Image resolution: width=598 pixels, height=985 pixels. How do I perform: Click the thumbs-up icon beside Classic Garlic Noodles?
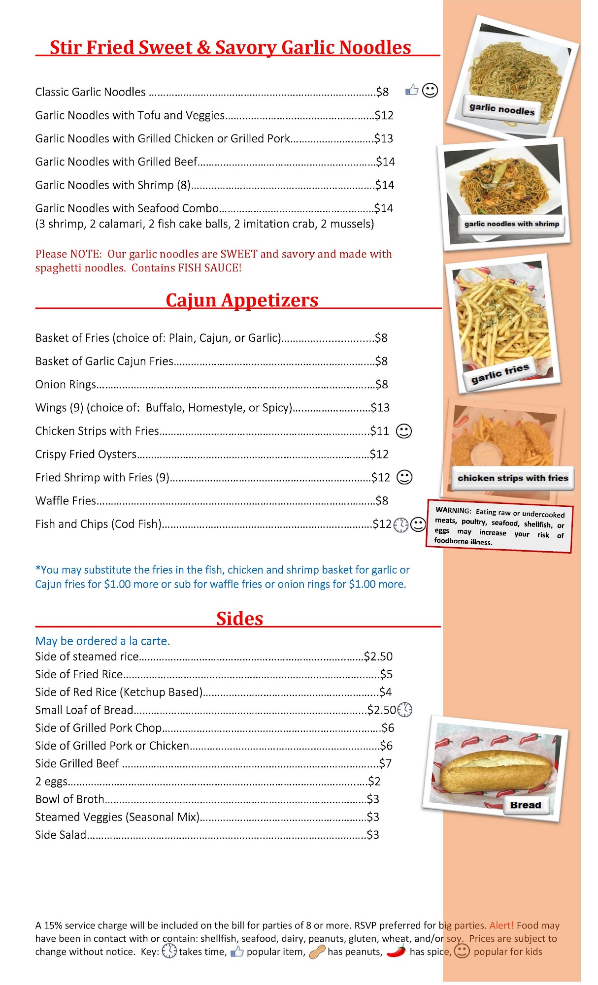pyautogui.click(x=412, y=90)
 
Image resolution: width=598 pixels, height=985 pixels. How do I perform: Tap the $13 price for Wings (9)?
pyautogui.click(x=380, y=408)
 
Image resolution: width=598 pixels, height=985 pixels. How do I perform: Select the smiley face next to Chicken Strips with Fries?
pyautogui.click(x=404, y=431)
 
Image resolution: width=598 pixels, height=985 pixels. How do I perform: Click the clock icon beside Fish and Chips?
pyautogui.click(x=401, y=525)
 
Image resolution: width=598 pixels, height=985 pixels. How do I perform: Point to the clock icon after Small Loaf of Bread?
pyautogui.click(x=404, y=710)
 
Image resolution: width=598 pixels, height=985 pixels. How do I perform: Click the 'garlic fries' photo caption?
pyautogui.click(x=500, y=373)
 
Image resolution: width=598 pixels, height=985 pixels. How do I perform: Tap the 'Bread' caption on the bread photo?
pyautogui.click(x=526, y=805)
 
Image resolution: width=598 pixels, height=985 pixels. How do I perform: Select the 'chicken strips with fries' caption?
pyautogui.click(x=512, y=478)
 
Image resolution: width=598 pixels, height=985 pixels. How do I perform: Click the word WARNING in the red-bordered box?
pyautogui.click(x=453, y=510)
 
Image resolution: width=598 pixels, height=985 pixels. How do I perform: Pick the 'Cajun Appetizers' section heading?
pyautogui.click(x=242, y=300)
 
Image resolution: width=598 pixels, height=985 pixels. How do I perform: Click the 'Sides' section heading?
pyautogui.click(x=240, y=619)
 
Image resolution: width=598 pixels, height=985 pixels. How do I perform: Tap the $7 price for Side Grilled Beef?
pyautogui.click(x=385, y=764)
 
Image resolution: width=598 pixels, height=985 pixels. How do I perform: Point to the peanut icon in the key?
pyautogui.click(x=317, y=952)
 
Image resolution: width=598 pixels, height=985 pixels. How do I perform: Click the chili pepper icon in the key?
pyautogui.click(x=396, y=952)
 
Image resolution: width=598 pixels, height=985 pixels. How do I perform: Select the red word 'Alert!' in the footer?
pyautogui.click(x=501, y=925)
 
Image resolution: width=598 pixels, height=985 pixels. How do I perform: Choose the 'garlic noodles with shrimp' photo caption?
pyautogui.click(x=512, y=224)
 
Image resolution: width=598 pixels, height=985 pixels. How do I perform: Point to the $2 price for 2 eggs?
pyautogui.click(x=374, y=782)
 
